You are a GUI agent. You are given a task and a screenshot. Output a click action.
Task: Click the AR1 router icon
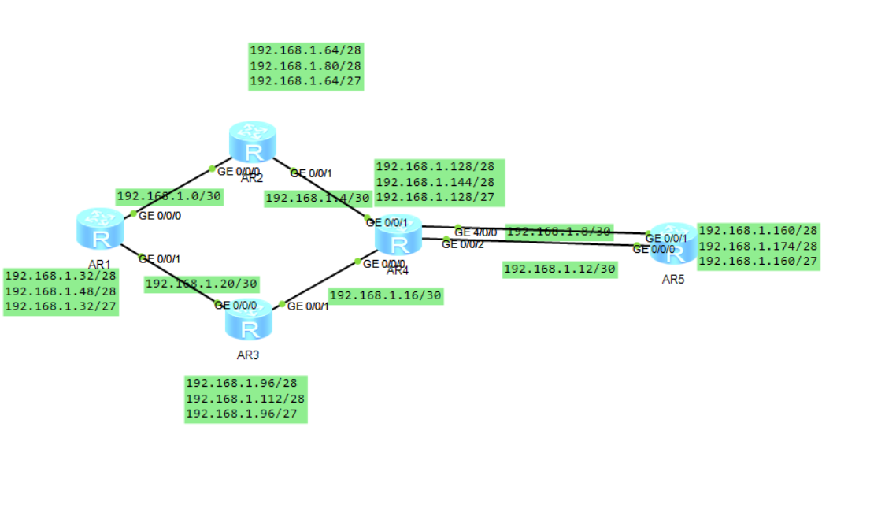pos(100,228)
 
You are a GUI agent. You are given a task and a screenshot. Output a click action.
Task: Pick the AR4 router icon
pos(398,235)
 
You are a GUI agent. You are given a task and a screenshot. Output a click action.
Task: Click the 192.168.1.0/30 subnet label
pos(169,196)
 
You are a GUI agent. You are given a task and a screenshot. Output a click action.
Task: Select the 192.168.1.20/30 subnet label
pos(202,284)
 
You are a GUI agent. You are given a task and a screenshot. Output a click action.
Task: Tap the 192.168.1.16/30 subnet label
pos(386,295)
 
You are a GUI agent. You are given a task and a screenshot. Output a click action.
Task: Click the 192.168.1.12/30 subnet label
pos(559,269)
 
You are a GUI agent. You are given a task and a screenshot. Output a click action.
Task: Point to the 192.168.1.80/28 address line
pos(305,65)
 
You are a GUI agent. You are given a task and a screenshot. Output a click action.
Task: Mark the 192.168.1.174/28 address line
pos(758,246)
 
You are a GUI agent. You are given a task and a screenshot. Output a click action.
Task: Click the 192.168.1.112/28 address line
pos(245,399)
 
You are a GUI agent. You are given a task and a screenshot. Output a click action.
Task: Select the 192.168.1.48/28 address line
pos(61,291)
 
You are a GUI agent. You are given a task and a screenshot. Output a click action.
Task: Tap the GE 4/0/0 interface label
pos(476,232)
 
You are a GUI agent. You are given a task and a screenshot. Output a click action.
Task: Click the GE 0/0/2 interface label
pos(463,244)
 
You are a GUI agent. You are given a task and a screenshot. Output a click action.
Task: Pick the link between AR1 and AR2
pos(173,191)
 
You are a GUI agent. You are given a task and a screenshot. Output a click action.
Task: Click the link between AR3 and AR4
pos(319,282)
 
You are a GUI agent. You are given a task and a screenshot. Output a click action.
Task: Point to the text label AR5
pos(673,279)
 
